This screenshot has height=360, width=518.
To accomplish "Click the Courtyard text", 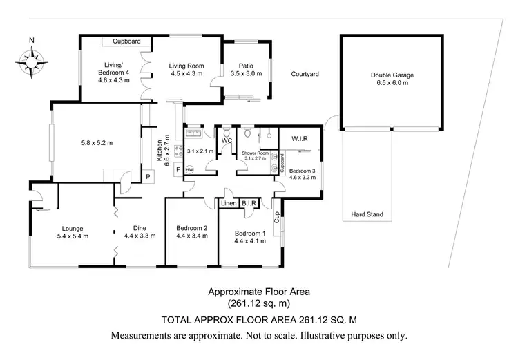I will tap(305, 73).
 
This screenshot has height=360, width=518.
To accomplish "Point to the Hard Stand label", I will tap(367, 214).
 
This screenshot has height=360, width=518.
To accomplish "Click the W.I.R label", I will tap(299, 139).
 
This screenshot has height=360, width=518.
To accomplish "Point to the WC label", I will tap(226, 141).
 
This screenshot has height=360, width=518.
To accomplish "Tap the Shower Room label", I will tap(254, 153).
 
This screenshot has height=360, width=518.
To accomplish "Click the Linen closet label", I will tap(229, 203).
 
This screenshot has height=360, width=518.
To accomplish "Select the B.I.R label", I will tap(249, 203).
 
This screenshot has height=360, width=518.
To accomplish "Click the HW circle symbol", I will tap(189, 169).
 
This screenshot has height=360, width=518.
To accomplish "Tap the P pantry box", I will tap(148, 177).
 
